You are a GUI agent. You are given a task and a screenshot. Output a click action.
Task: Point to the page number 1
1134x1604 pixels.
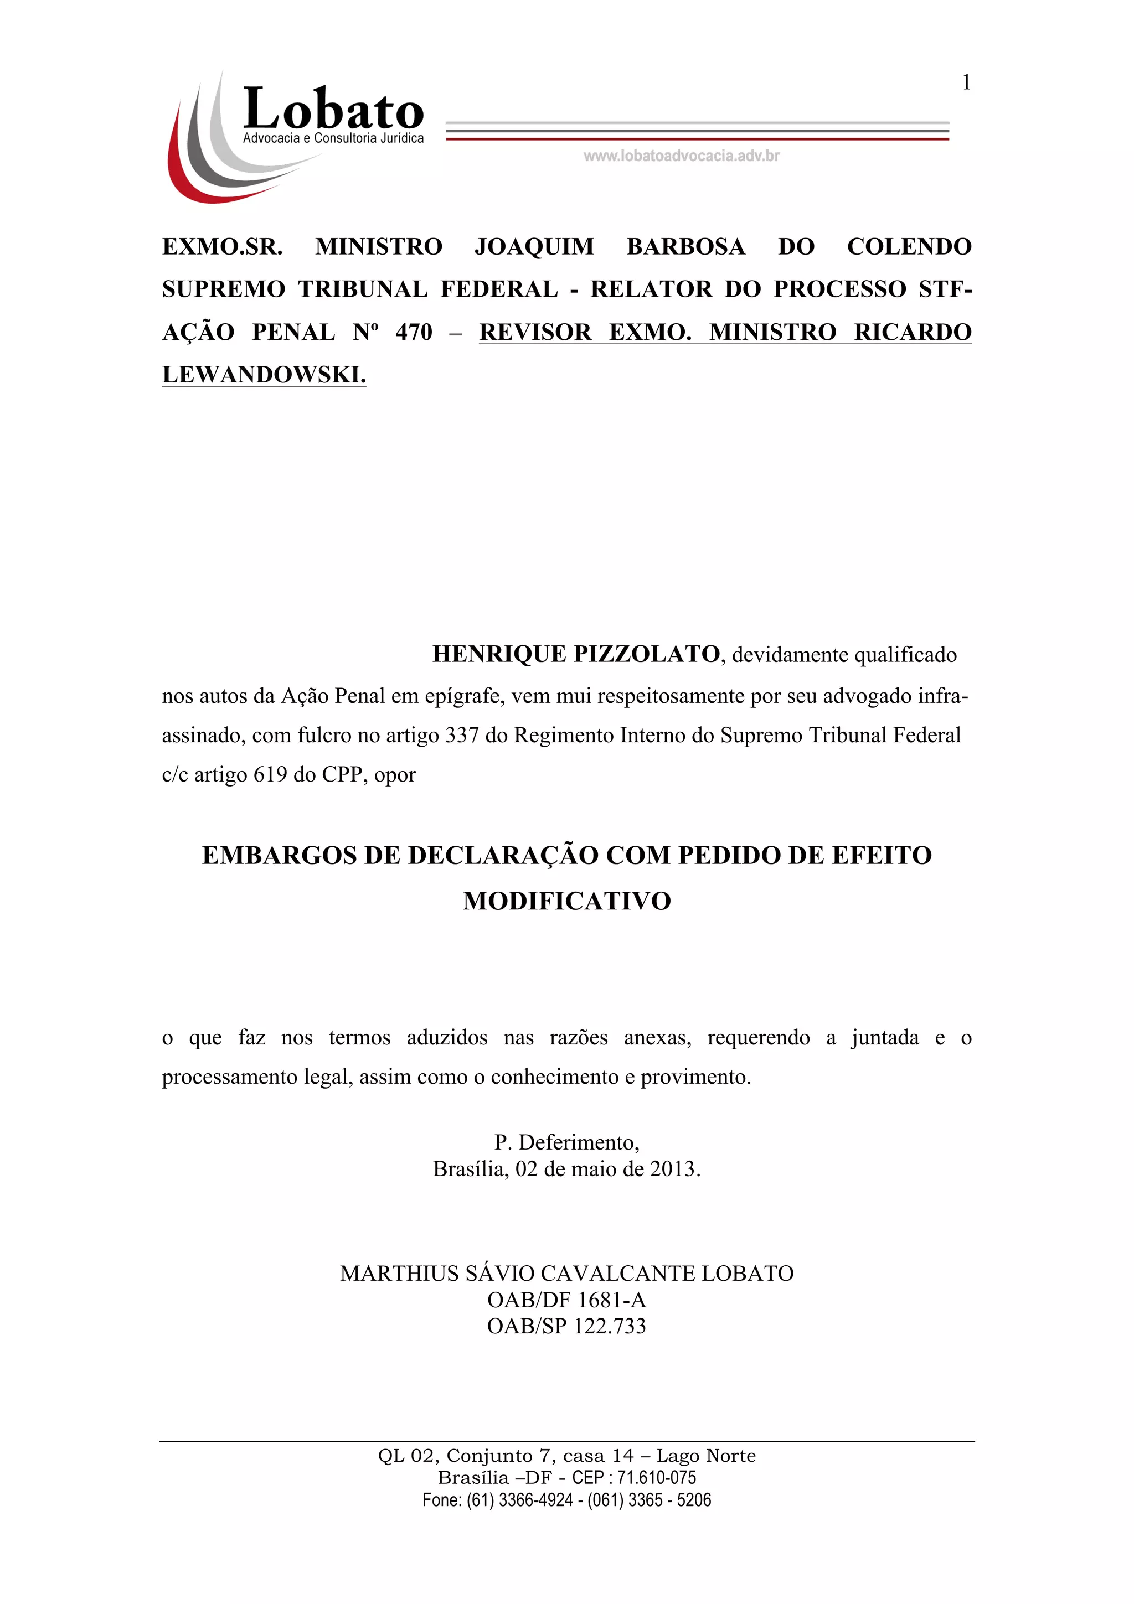coord(966,82)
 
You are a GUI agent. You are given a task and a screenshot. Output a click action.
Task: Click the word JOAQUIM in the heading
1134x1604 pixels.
coord(534,247)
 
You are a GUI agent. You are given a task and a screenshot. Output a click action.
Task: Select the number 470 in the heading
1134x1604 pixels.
coord(414,332)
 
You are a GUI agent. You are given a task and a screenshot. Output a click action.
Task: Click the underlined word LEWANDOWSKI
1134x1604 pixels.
coord(264,375)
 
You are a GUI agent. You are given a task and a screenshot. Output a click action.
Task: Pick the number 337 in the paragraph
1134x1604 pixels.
coord(462,735)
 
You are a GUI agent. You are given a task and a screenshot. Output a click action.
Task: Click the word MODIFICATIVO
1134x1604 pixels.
coord(566,901)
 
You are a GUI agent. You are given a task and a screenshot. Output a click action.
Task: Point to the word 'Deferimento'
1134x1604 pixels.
coord(578,1142)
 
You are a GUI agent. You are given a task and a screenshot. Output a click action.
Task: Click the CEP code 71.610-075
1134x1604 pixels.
coord(656,1478)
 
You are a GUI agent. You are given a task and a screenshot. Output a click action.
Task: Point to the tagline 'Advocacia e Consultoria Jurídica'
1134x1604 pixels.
coord(333,138)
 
